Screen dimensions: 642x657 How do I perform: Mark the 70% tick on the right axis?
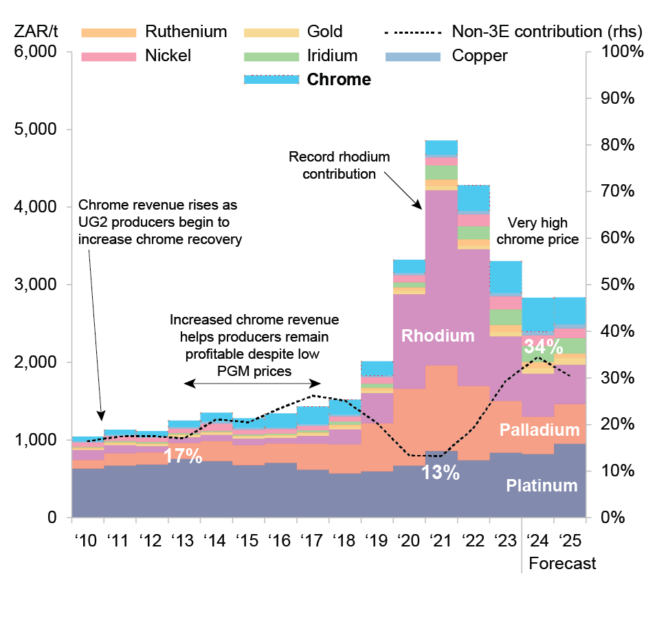coord(621,191)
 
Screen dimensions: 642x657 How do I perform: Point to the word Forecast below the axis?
coord(562,564)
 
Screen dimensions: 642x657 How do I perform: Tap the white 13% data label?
coord(440,473)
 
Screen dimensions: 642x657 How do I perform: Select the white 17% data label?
coord(183,456)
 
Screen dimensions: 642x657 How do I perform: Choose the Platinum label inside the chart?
coord(542,485)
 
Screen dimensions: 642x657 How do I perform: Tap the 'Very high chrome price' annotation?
coord(542,231)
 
